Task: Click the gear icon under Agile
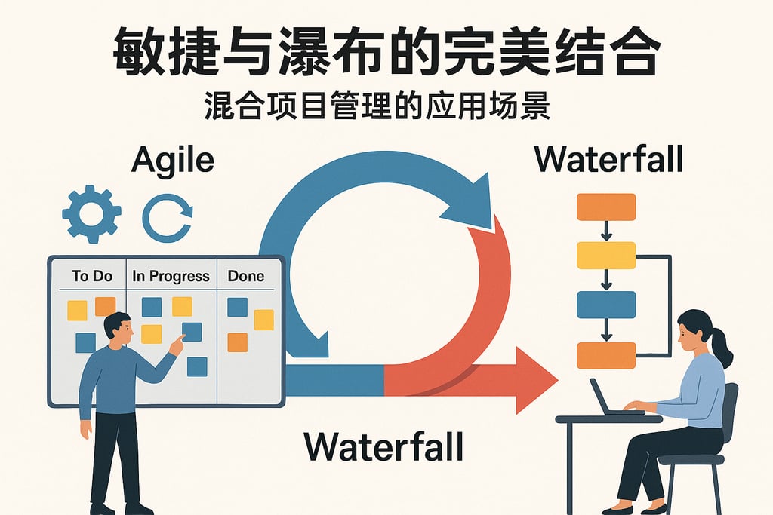click(91, 213)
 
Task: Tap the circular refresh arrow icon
click(167, 216)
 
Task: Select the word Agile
click(172, 160)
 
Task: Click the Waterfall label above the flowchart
click(608, 159)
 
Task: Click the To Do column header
click(92, 276)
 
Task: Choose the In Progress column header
click(171, 276)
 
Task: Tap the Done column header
click(246, 276)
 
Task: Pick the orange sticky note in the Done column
click(237, 342)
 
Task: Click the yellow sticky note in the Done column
click(263, 320)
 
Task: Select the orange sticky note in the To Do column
click(105, 306)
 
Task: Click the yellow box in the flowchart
click(606, 256)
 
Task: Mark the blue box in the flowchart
click(606, 305)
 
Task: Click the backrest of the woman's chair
click(729, 413)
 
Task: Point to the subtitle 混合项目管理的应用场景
click(377, 106)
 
